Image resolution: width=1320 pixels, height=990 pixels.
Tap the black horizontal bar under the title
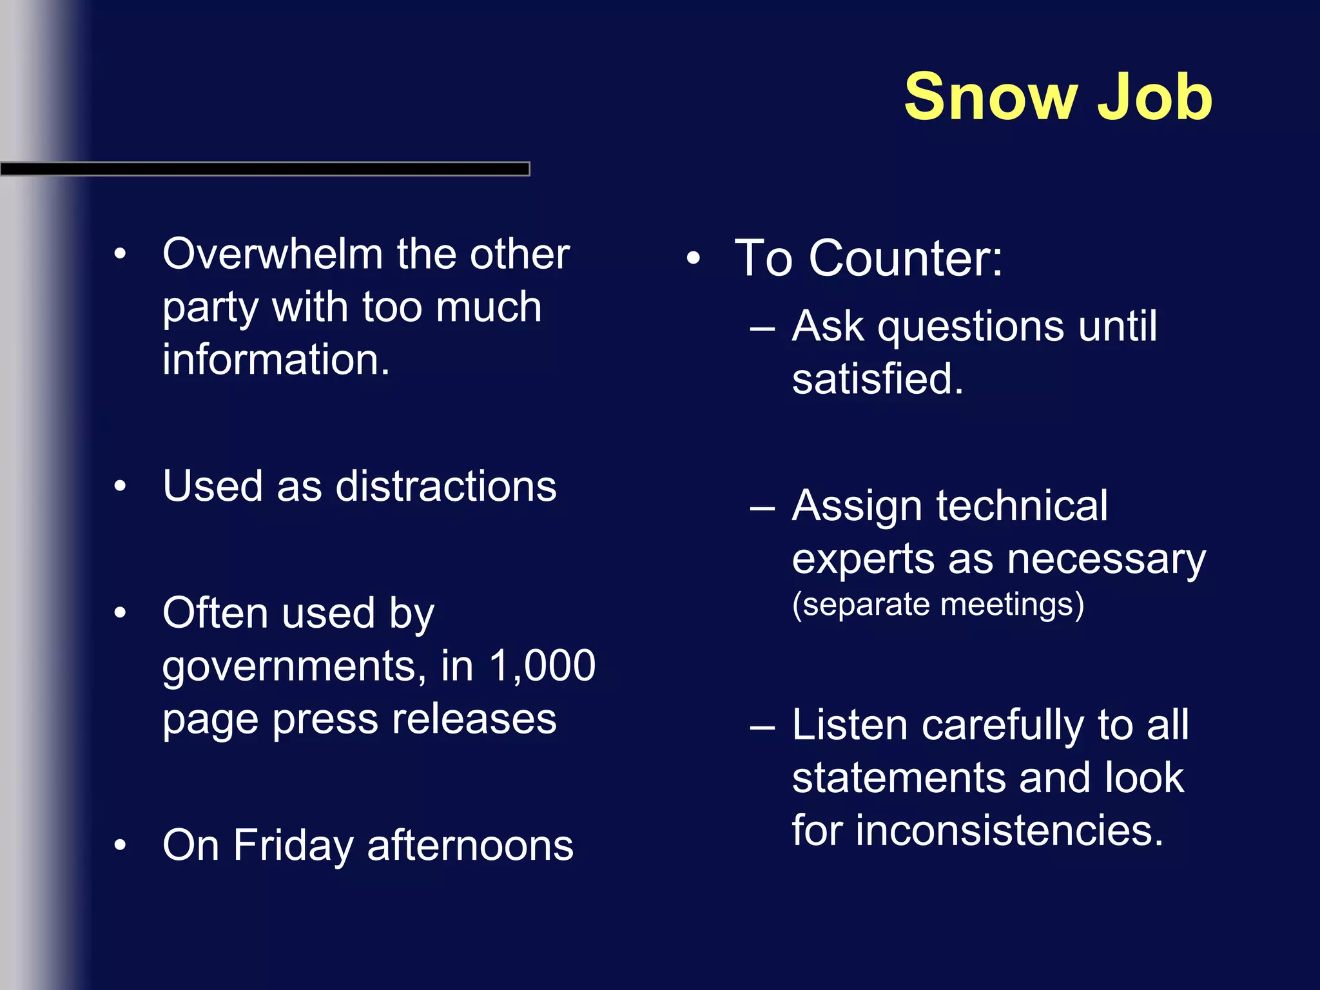click(x=264, y=169)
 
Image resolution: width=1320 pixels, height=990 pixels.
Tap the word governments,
click(x=294, y=666)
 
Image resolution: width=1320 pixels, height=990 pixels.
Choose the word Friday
click(x=293, y=846)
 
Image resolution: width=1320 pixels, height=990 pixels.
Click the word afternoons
click(x=470, y=846)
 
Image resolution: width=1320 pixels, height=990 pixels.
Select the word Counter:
click(x=906, y=258)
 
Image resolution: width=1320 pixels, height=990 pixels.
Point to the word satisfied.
click(x=877, y=379)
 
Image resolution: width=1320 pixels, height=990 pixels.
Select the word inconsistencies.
click(x=1009, y=830)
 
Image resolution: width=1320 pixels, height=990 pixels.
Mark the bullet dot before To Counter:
click(x=693, y=258)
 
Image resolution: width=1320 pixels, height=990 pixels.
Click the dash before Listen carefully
click(x=762, y=727)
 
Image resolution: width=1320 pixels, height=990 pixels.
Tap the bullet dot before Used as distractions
click(x=120, y=486)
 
